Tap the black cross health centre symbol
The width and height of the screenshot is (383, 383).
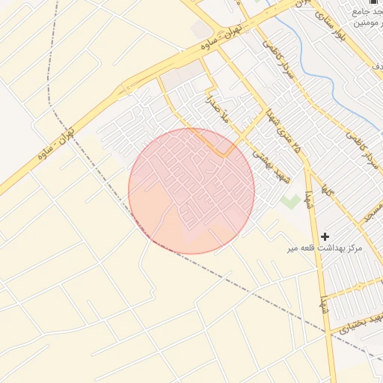[325, 236]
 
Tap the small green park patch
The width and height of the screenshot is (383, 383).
[290, 200]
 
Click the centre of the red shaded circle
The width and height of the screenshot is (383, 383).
[191, 191]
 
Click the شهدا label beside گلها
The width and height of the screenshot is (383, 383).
[307, 199]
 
